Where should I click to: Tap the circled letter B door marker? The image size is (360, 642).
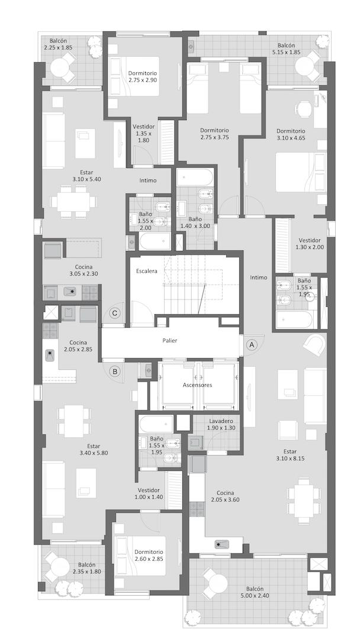[115, 372]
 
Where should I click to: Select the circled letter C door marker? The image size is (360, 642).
[115, 314]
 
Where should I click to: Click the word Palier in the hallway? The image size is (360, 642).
[169, 340]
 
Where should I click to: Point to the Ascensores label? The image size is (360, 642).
[197, 385]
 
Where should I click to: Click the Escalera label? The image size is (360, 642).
[147, 271]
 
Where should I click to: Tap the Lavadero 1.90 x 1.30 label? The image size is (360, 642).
[221, 424]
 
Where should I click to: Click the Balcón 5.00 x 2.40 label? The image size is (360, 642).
[255, 592]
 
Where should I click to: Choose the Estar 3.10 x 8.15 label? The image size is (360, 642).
[290, 455]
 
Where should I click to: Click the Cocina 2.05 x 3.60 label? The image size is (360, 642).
[225, 496]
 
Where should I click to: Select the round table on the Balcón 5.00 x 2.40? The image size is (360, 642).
[217, 582]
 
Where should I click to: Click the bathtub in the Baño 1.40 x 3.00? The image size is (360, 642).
[195, 178]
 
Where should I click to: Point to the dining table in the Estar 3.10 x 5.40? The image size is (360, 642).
[74, 201]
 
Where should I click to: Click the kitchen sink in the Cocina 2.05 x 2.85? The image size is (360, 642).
[50, 354]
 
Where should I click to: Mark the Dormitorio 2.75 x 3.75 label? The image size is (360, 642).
[214, 134]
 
